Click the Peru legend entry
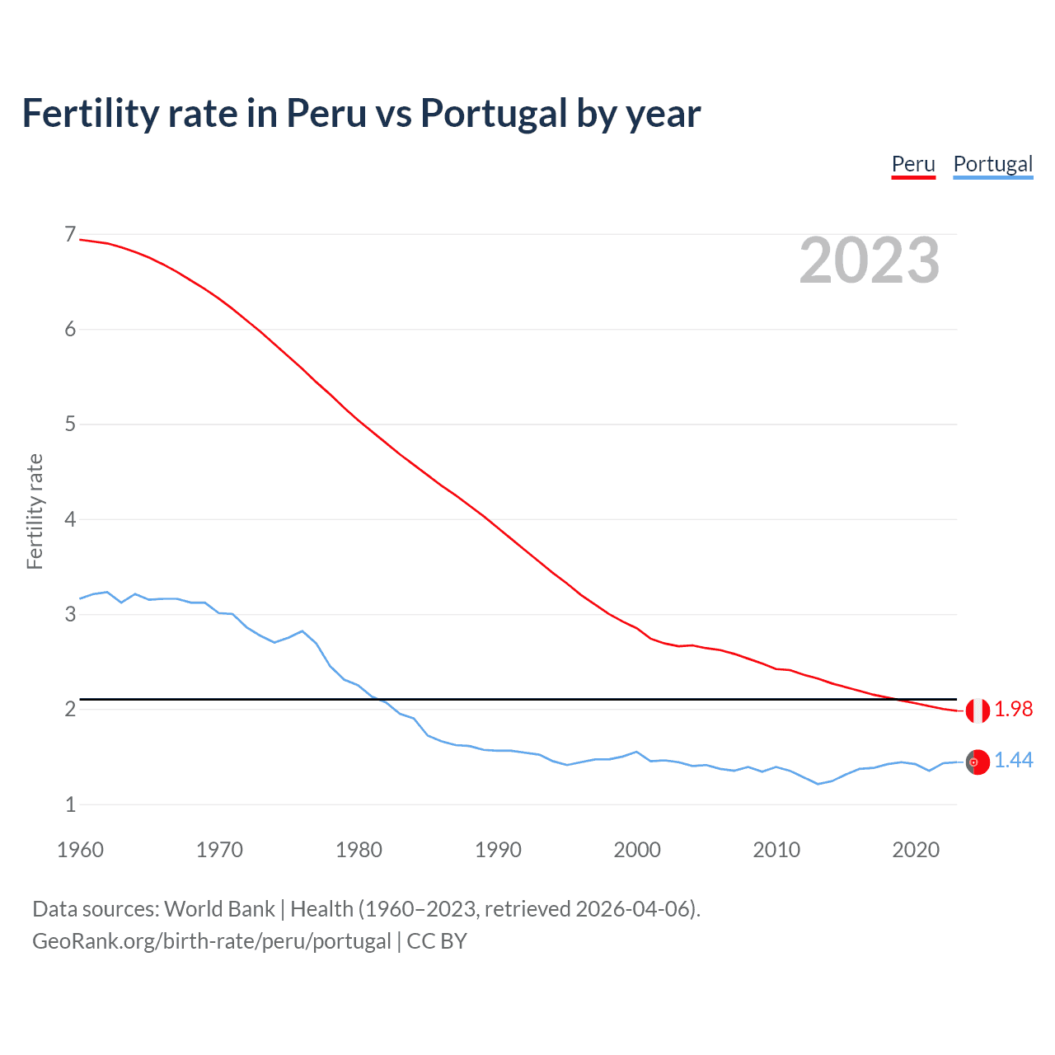[913, 164]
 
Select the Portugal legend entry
[992, 164]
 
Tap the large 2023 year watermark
[870, 260]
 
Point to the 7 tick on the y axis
[70, 235]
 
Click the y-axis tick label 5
[70, 424]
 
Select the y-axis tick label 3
[70, 615]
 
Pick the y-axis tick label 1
[70, 804]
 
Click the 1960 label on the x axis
[80, 850]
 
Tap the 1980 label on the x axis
[359, 850]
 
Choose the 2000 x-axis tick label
[637, 850]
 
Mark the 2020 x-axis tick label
[916, 850]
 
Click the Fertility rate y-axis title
[35, 511]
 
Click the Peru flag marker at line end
[978, 710]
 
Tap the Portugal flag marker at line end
[978, 762]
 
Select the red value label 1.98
[1013, 710]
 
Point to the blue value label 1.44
[1013, 761]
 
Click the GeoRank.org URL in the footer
[211, 941]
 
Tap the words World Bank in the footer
[219, 909]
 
